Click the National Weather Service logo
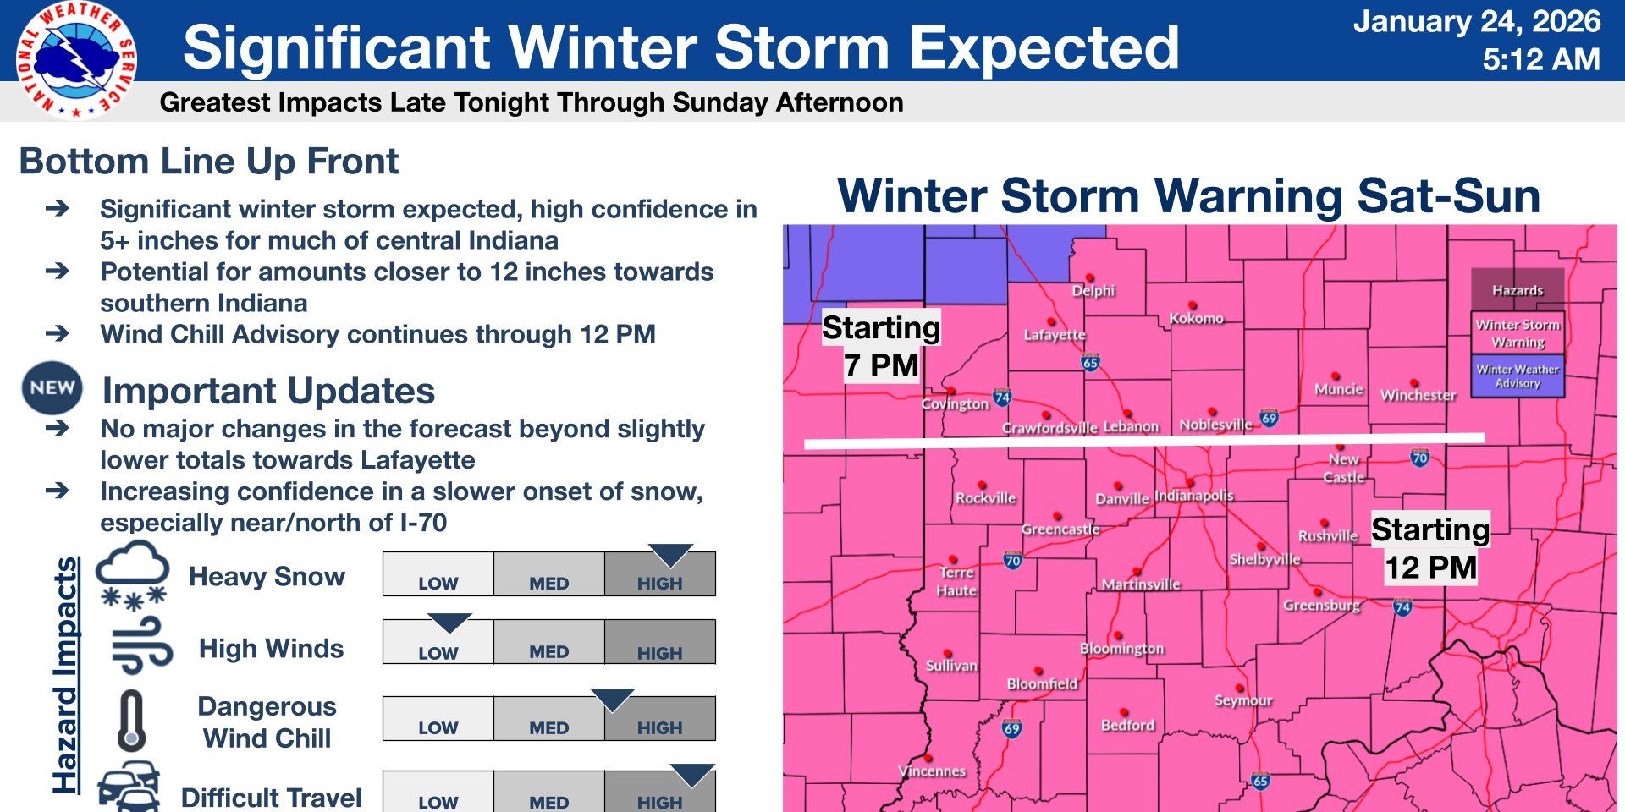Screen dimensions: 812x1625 click(x=75, y=59)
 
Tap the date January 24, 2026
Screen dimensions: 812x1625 click(x=1476, y=21)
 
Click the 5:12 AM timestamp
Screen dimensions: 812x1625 click(x=1540, y=59)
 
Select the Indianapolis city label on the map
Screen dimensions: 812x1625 click(x=1193, y=496)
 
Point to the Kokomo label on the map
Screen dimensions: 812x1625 click(x=1196, y=318)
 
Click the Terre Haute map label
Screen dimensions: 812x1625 click(x=956, y=581)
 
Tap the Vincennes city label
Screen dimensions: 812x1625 click(x=931, y=771)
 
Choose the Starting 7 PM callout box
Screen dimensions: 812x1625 click(x=881, y=347)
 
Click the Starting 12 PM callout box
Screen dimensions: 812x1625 click(x=1429, y=548)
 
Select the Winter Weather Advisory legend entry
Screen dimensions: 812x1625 click(x=1518, y=376)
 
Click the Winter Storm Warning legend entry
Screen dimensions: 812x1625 click(x=1518, y=332)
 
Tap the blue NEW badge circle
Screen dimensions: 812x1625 click(x=52, y=387)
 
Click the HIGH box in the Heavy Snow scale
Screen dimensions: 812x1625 click(x=659, y=575)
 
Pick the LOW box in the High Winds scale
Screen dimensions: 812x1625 click(x=438, y=644)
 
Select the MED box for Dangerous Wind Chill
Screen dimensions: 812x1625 click(x=548, y=720)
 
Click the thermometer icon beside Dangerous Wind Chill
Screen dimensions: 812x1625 click(x=131, y=721)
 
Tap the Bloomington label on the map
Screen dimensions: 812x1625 click(x=1121, y=648)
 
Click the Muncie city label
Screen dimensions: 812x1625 click(x=1338, y=388)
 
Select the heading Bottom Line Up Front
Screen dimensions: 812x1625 click(x=208, y=161)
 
